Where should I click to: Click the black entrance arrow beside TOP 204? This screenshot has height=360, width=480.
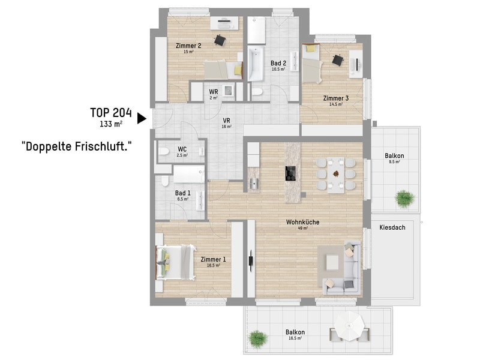pyautogui.click(x=141, y=118)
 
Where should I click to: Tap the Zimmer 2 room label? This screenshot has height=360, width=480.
pyautogui.click(x=188, y=46)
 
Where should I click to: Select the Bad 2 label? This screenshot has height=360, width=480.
pyautogui.click(x=278, y=63)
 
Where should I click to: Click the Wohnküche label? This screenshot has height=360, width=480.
pyautogui.click(x=302, y=222)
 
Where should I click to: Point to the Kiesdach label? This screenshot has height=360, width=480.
pyautogui.click(x=392, y=227)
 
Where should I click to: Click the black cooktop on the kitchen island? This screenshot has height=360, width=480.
pyautogui.click(x=290, y=173)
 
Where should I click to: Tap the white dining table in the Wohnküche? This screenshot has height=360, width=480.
pyautogui.click(x=336, y=175)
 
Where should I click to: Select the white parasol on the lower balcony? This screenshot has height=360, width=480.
pyautogui.click(x=350, y=325)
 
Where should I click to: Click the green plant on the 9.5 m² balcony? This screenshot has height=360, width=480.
pyautogui.click(x=404, y=199)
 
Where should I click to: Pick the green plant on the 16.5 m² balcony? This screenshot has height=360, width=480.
pyautogui.click(x=258, y=338)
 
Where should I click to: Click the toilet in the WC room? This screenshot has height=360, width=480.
pyautogui.click(x=164, y=152)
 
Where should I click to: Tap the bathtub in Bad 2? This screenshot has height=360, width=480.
pyautogui.click(x=256, y=64)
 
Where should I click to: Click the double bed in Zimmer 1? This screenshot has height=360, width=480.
pyautogui.click(x=176, y=262)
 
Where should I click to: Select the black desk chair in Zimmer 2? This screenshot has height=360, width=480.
pyautogui.click(x=220, y=40)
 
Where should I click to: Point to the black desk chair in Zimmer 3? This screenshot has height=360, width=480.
pyautogui.click(x=338, y=59)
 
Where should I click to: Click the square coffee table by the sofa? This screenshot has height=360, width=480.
pyautogui.click(x=332, y=262)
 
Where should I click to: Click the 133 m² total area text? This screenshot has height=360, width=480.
pyautogui.click(x=111, y=124)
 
